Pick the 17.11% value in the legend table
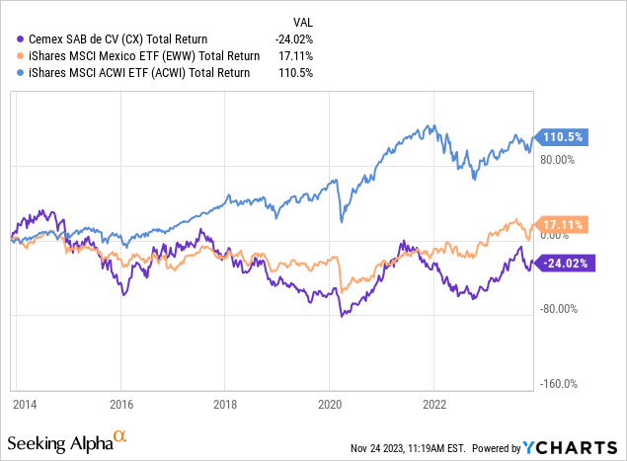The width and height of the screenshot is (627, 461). click(294, 56)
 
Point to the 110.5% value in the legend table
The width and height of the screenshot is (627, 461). click(294, 72)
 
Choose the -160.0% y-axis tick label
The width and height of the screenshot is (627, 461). click(558, 384)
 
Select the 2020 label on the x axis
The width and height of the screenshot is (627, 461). click(330, 403)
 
